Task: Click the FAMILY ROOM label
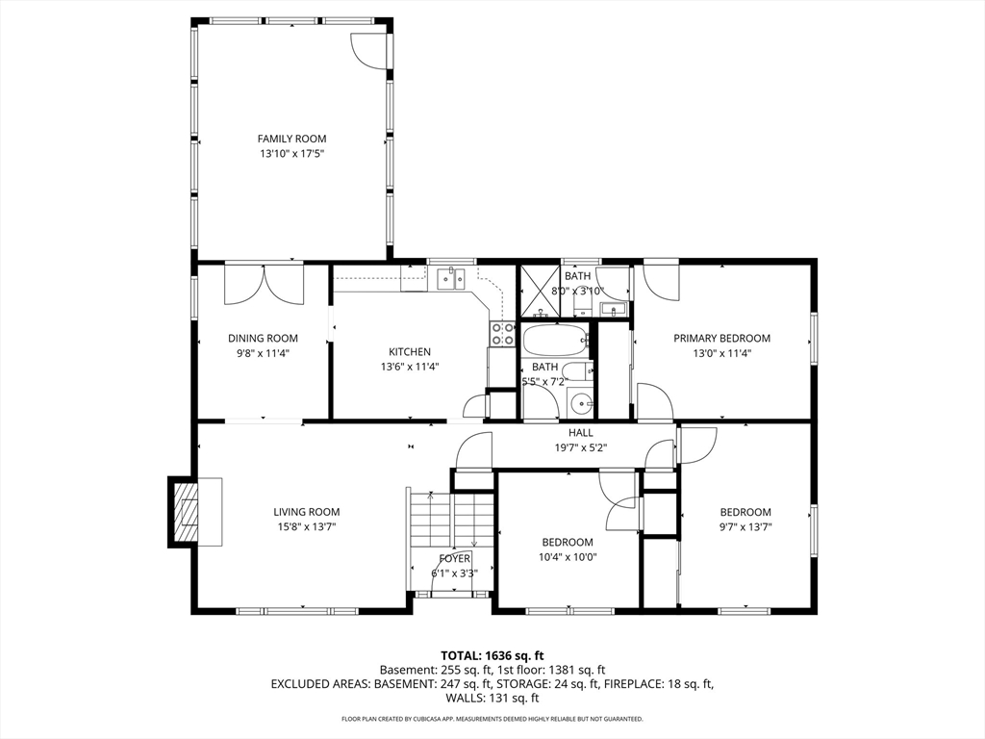pyautogui.click(x=291, y=139)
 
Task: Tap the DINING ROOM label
pyautogui.click(x=263, y=338)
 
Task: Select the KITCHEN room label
pyautogui.click(x=410, y=352)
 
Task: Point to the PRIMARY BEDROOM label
pyautogui.click(x=721, y=338)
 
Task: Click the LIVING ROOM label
pyautogui.click(x=307, y=512)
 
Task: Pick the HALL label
pyautogui.click(x=580, y=432)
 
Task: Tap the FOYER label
pyautogui.click(x=454, y=559)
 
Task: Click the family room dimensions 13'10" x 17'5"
pyautogui.click(x=292, y=153)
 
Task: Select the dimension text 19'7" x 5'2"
pyautogui.click(x=580, y=447)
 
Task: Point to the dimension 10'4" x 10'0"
pyautogui.click(x=568, y=557)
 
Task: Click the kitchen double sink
pyautogui.click(x=450, y=278)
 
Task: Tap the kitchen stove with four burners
pyautogui.click(x=501, y=334)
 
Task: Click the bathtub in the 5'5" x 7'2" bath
pyautogui.click(x=555, y=340)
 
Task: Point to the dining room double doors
pyautogui.click(x=264, y=285)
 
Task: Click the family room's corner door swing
pyautogui.click(x=367, y=50)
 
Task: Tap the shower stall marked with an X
pyautogui.click(x=540, y=291)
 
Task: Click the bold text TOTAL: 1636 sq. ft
pyautogui.click(x=492, y=656)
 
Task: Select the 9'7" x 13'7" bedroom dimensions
pyautogui.click(x=745, y=527)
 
